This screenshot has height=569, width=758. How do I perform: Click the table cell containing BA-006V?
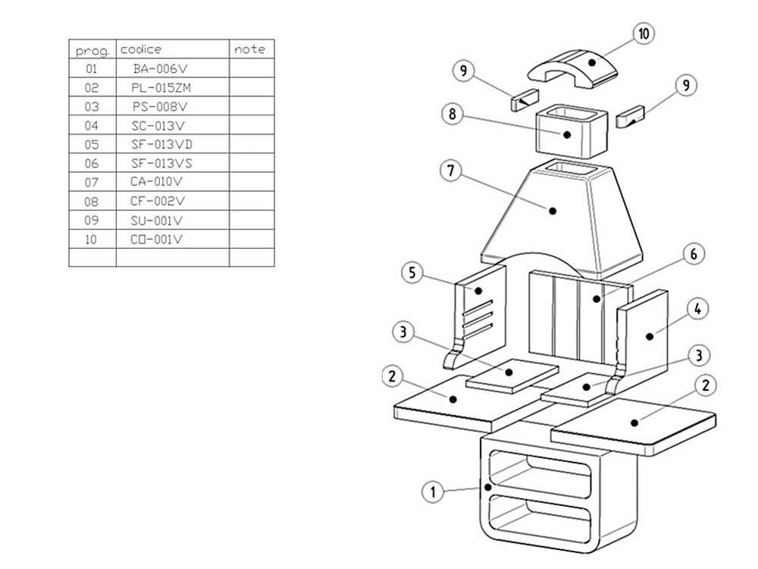[x=159, y=68]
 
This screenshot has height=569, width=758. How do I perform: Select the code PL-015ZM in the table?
[x=161, y=87]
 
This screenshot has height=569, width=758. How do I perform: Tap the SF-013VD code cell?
[x=161, y=144]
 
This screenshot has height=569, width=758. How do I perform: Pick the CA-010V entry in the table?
[x=158, y=182]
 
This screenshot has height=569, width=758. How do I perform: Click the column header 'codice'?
[x=141, y=49]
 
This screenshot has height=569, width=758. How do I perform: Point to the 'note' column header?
[x=250, y=49]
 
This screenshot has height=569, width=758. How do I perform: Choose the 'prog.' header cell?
[x=92, y=51]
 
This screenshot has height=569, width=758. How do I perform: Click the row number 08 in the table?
[x=92, y=201]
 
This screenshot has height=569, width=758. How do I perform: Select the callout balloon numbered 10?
[x=644, y=34]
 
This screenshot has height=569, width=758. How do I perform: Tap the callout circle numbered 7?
[x=450, y=170]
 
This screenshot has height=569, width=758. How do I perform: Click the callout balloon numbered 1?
[x=432, y=492]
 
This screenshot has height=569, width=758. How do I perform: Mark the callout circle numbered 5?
[x=412, y=273]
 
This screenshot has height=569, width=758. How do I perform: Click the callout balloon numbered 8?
[x=452, y=115]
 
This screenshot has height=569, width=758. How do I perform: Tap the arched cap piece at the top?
[x=573, y=66]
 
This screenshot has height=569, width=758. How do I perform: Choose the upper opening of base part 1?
[x=540, y=473]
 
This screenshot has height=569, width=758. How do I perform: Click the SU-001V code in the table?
[x=158, y=220]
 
